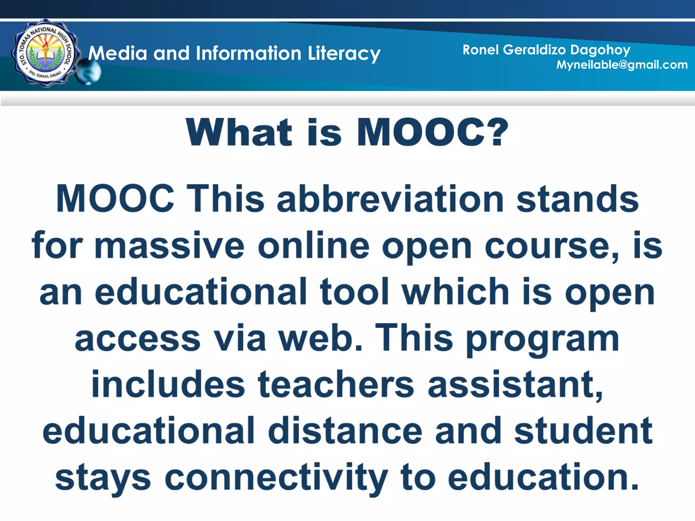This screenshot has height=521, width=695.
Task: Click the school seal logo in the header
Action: pyautogui.click(x=45, y=53)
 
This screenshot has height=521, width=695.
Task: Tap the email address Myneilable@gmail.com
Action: pyautogui.click(x=622, y=65)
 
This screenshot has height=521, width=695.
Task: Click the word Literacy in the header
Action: pyautogui.click(x=344, y=54)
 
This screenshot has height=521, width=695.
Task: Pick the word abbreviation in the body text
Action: pyautogui.click(x=390, y=199)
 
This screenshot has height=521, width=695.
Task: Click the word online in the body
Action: pyautogui.click(x=314, y=246)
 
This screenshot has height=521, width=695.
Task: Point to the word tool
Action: pyautogui.click(x=354, y=292)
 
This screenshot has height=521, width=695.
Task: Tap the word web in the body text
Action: pyautogui.click(x=321, y=338)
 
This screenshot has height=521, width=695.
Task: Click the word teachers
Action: pyautogui.click(x=336, y=385)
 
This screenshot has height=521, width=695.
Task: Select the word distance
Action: pyautogui.click(x=345, y=431)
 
